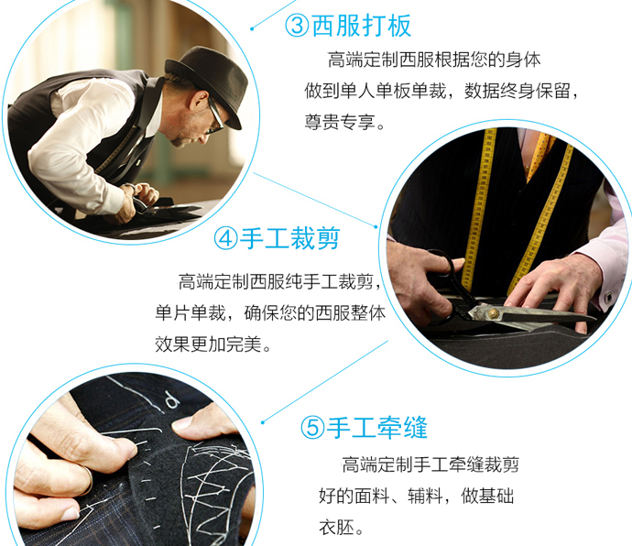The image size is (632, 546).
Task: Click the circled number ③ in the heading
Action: [297, 27]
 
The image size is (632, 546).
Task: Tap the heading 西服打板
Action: [362, 26]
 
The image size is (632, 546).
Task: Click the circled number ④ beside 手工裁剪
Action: [225, 238]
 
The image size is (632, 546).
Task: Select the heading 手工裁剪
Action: [290, 238]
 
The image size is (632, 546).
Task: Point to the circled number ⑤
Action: [312, 428]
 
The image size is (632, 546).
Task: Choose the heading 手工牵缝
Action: [376, 428]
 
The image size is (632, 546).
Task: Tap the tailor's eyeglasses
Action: [214, 116]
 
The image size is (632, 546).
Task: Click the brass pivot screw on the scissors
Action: [493, 313]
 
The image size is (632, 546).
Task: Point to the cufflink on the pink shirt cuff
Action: [608, 298]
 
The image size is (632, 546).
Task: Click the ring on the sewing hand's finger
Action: [88, 480]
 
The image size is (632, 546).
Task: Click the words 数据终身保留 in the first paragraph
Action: [518, 91]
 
